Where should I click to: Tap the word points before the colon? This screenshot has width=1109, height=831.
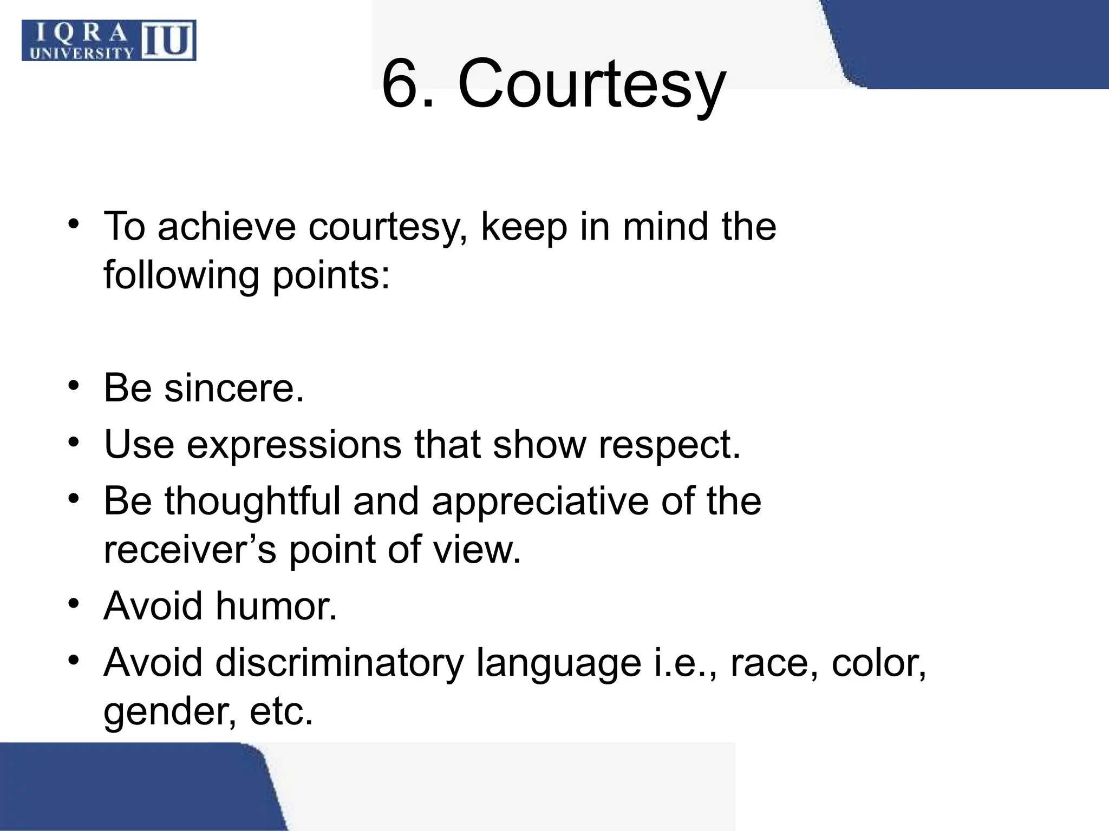coord(324,275)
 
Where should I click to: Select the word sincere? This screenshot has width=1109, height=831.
coord(233,388)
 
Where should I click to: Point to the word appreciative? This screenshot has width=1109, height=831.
coord(540,501)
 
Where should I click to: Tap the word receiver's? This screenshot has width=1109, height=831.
coord(190,550)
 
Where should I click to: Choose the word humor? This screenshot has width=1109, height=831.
coord(276,605)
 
